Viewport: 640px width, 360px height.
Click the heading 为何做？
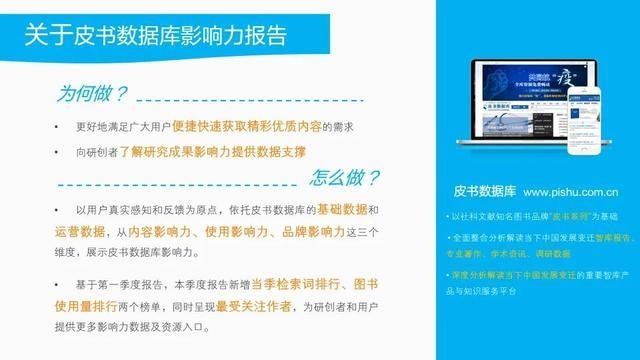tap(92, 95)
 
